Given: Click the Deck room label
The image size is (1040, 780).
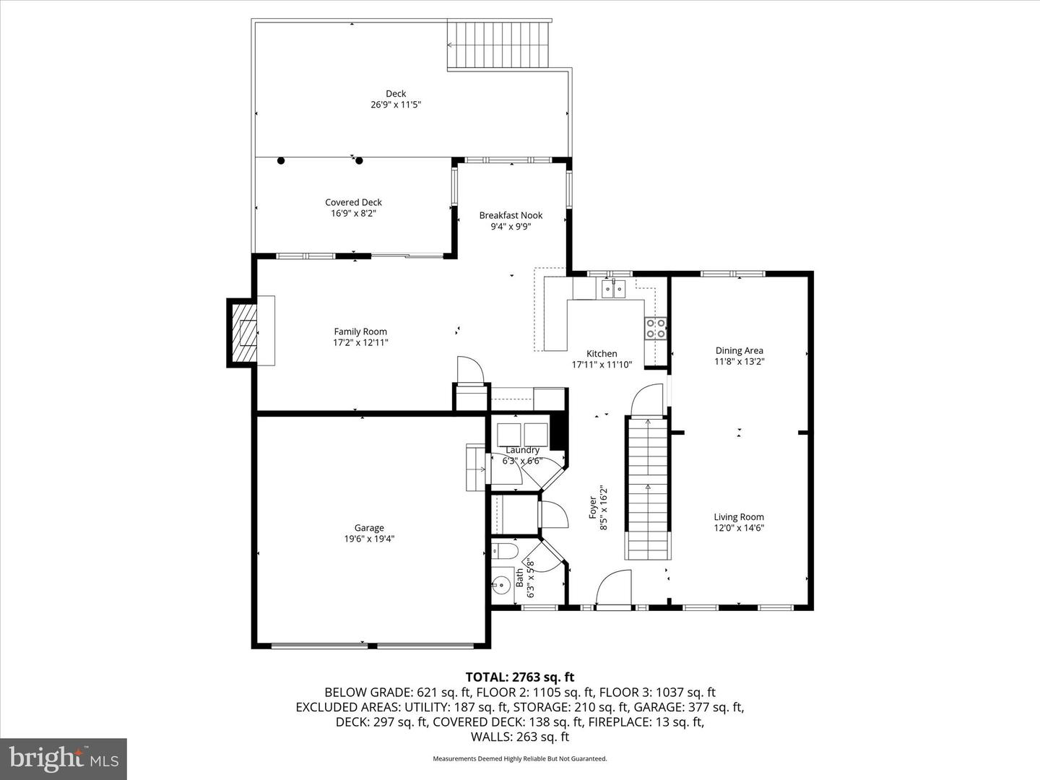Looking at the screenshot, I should [x=396, y=93].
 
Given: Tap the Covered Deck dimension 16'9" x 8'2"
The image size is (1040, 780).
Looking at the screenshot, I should [x=353, y=214].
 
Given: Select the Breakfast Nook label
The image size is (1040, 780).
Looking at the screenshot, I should [x=511, y=215].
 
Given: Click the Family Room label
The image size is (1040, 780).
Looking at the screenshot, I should [x=360, y=331].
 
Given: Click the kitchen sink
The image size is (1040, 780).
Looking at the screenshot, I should [x=613, y=289].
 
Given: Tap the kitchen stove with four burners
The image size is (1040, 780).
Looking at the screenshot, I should [x=656, y=329].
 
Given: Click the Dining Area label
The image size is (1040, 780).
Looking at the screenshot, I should [x=739, y=351].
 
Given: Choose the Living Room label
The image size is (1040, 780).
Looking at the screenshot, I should [x=739, y=516].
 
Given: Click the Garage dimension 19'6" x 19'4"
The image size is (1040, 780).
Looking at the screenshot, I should [x=369, y=539].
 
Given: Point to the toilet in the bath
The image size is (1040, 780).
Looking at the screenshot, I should [x=505, y=552].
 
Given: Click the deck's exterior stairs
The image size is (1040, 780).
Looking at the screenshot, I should [x=500, y=44].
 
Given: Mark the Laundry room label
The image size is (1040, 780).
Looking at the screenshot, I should [x=522, y=450].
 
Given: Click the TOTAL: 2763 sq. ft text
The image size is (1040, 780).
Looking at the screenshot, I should [x=519, y=677].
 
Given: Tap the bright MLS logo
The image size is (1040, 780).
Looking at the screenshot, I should [x=64, y=758].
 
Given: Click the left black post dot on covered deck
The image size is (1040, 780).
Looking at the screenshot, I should [x=281, y=160].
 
